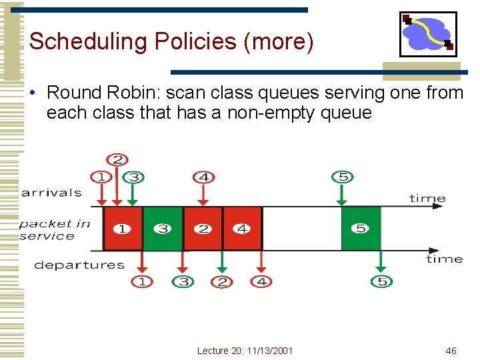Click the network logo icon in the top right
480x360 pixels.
point(428,34)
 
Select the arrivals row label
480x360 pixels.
point(51,193)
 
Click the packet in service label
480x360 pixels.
point(54,229)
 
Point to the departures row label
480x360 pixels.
point(79,265)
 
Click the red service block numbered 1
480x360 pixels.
point(123,229)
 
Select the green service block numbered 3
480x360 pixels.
point(163,229)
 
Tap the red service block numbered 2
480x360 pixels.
point(203,229)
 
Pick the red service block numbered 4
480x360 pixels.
point(242,229)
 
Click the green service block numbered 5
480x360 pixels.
point(361,229)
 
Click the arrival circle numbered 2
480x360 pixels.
point(117,160)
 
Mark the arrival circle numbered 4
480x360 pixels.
point(203,177)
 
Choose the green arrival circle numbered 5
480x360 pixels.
point(342,177)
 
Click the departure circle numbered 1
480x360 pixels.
point(141,282)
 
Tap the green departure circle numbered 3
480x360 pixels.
point(183,282)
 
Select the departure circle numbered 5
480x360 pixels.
point(381,282)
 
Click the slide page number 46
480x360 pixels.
point(451,351)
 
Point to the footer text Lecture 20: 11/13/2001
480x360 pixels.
point(245,351)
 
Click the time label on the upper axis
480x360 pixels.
point(427,198)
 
